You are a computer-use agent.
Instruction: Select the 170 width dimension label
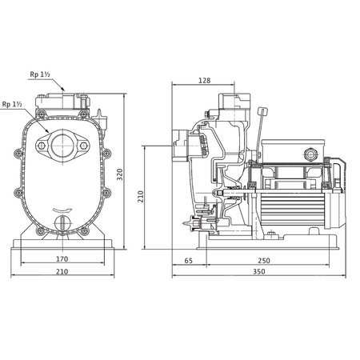[62, 258]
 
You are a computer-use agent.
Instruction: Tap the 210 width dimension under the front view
[62, 272]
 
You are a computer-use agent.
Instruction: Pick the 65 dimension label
[189, 261]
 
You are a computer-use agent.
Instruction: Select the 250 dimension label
[263, 261]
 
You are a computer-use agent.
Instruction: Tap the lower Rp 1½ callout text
[12, 104]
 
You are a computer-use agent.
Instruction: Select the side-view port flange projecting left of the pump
[181, 150]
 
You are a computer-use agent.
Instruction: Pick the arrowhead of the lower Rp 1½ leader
[50, 133]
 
